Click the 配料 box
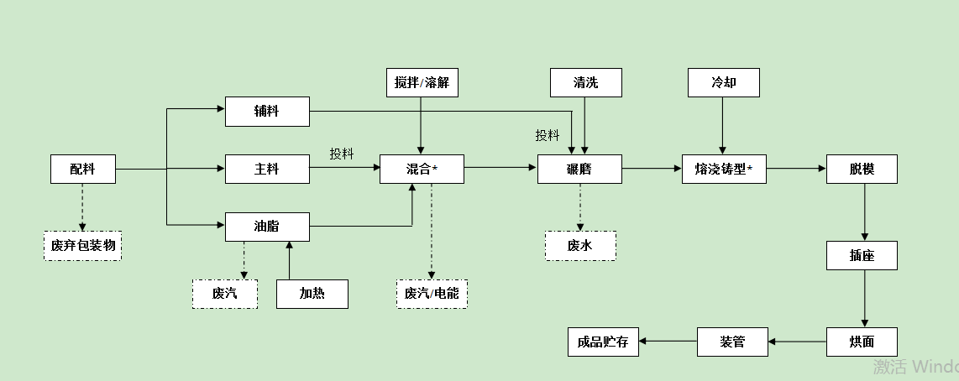tap(82, 169)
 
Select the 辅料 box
tap(267, 112)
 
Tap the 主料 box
tap(267, 169)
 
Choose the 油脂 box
tap(267, 227)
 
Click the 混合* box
tap(422, 169)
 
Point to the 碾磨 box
tap(579, 169)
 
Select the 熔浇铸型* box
tap(724, 169)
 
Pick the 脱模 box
tap(862, 169)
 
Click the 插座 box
tap(862, 255)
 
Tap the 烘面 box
tap(862, 342)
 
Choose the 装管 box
tap(732, 342)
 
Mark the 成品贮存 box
tap(603, 342)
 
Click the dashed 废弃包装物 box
tap(82, 245)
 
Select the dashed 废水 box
tap(579, 245)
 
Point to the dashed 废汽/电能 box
tap(432, 293)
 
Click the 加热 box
tap(312, 293)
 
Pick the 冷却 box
tap(723, 82)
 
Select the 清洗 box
tap(586, 82)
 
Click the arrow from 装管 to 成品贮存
tap(668, 342)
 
